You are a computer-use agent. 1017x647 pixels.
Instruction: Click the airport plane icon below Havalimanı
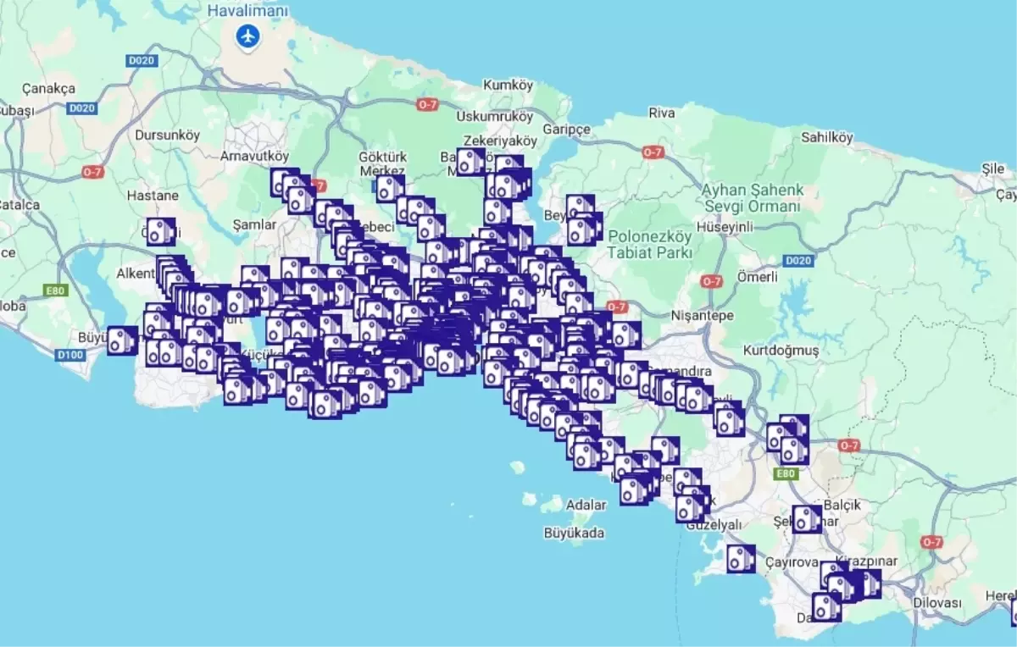click(x=247, y=36)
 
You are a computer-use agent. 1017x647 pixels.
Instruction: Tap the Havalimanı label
click(x=247, y=11)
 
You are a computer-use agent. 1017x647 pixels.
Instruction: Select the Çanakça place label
click(x=48, y=88)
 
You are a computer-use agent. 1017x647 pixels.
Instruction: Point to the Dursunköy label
click(x=167, y=135)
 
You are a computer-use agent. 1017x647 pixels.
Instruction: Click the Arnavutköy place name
click(x=254, y=156)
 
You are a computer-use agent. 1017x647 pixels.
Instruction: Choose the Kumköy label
click(x=508, y=86)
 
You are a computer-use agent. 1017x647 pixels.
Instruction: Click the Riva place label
click(x=661, y=113)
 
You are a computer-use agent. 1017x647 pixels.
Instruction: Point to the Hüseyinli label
click(x=724, y=227)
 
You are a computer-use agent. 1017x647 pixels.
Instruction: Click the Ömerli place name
click(x=758, y=277)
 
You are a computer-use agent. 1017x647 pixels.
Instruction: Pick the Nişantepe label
click(x=703, y=315)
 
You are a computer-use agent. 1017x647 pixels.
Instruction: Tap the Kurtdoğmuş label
click(x=781, y=350)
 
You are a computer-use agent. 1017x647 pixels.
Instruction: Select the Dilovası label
click(x=937, y=603)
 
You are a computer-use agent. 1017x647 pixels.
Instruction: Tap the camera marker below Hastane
click(x=160, y=231)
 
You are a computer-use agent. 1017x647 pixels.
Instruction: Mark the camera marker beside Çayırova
click(x=741, y=558)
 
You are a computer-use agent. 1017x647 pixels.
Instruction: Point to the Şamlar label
click(x=254, y=224)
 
